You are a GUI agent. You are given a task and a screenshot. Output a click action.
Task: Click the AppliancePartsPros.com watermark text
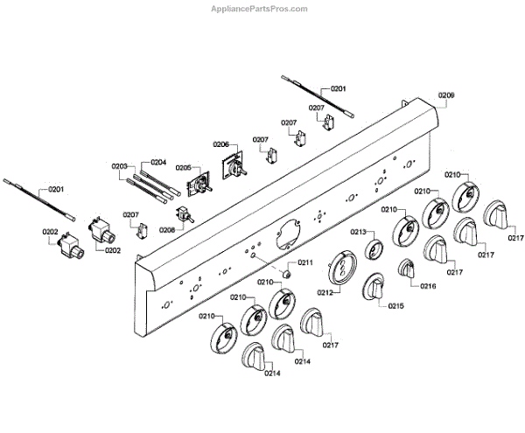pos(261,9)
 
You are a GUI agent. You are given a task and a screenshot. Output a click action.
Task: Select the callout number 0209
pos(446,94)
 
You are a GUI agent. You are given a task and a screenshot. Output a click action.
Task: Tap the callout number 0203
pos(120,165)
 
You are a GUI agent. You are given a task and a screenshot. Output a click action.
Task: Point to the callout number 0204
pos(158,162)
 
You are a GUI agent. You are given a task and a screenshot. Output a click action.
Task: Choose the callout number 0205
pos(184,167)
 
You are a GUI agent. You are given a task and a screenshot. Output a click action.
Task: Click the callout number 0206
pos(220,144)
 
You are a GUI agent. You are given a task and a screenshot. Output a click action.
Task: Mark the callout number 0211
pos(304,262)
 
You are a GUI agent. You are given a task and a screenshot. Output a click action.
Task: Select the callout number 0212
pos(325,292)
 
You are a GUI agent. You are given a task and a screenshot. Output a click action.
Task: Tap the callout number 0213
pos(358,232)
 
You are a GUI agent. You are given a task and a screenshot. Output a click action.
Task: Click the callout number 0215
pos(396,306)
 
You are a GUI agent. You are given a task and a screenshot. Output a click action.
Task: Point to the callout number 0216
pos(428,286)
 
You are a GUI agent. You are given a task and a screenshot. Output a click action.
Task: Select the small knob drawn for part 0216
pos(408,270)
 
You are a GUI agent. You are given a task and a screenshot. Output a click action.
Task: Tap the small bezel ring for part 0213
pos(373,250)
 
